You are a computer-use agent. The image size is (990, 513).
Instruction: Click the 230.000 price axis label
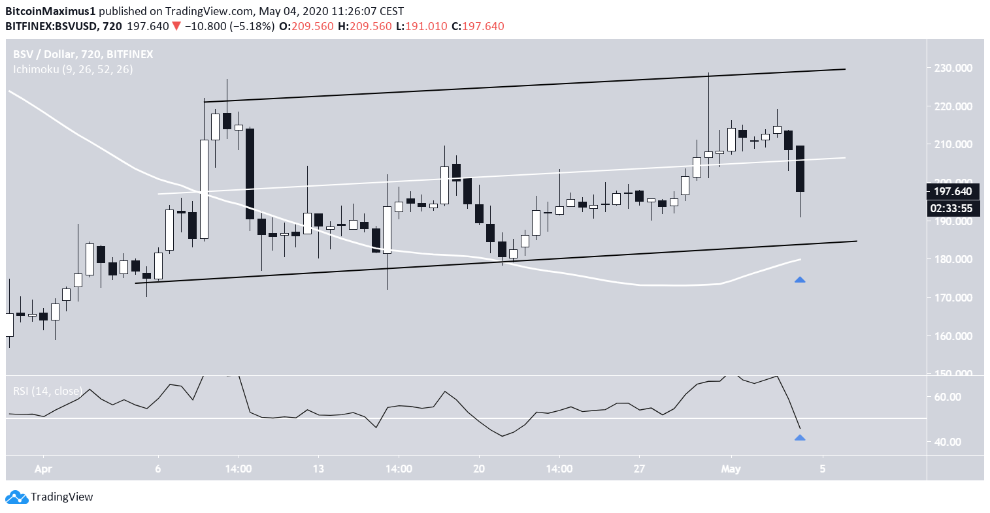954,68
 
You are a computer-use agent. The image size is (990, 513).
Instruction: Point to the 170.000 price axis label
954,298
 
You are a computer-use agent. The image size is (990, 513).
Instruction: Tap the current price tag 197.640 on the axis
953,191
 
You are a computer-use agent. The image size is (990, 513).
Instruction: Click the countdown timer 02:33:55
953,209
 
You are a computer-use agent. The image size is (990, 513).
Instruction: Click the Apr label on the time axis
43,469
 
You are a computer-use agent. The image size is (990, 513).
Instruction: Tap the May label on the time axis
731,469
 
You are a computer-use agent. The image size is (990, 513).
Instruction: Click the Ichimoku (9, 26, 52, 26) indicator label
73,69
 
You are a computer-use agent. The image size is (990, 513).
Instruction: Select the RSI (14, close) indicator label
48,391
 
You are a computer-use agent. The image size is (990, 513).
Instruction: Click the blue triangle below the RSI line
800,438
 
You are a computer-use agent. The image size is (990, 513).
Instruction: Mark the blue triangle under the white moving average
800,280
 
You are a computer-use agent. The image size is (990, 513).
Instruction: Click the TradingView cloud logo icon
17,497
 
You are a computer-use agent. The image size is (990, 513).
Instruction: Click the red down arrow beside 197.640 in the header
176,26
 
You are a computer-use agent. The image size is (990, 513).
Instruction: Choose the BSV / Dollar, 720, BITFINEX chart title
83,54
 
